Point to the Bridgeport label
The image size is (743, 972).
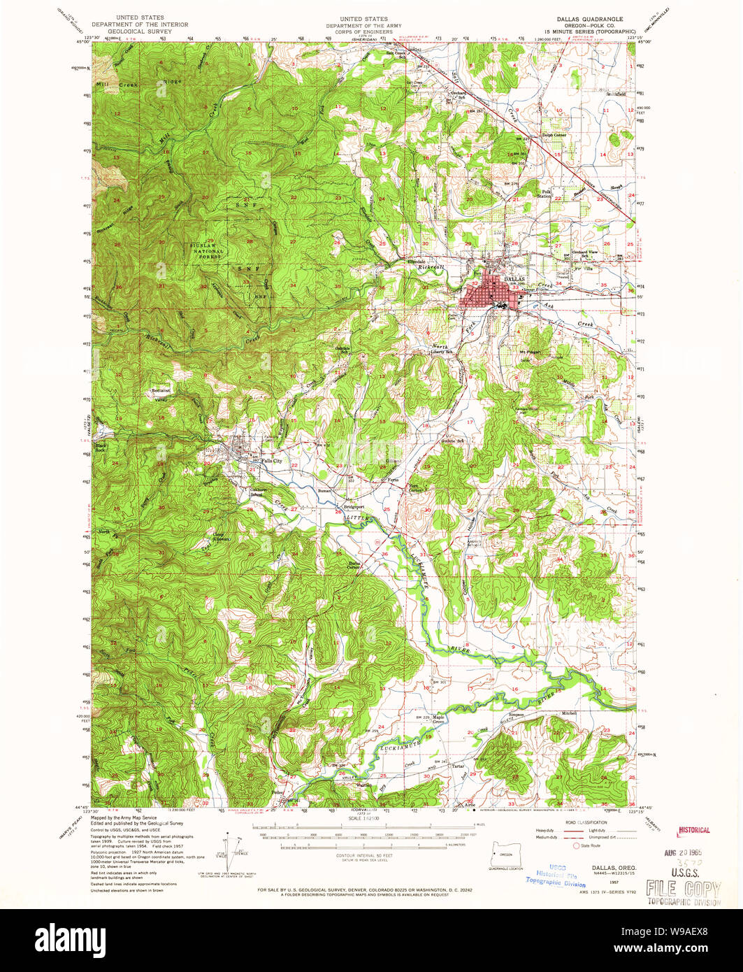(x=354, y=506)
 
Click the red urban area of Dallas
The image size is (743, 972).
(x=489, y=294)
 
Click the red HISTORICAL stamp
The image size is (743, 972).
(x=693, y=830)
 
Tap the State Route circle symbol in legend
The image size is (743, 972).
(x=576, y=845)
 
